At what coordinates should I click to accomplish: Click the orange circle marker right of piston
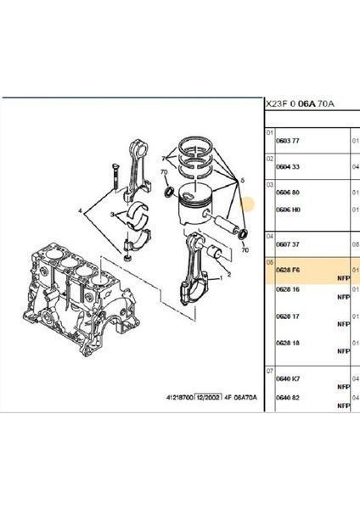coord(249,204)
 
